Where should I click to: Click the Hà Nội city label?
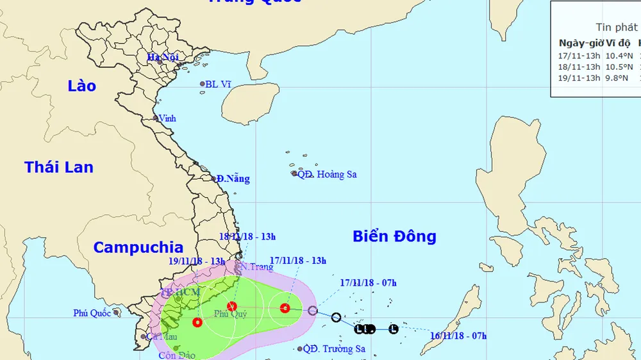(x=162, y=58)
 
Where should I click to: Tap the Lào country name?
(x=81, y=86)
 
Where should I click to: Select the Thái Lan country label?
(x=59, y=168)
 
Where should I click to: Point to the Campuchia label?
(x=138, y=247)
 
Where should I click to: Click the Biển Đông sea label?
(x=394, y=236)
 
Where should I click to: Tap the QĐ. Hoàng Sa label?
(x=327, y=174)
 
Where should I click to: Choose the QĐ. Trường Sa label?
(x=334, y=349)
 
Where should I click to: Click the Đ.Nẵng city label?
(x=233, y=179)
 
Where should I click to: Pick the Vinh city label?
(x=167, y=119)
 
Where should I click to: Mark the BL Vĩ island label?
(x=217, y=84)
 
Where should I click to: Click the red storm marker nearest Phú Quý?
(x=232, y=306)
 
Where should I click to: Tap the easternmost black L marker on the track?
(x=394, y=329)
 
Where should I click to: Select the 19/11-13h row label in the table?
(x=579, y=78)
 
